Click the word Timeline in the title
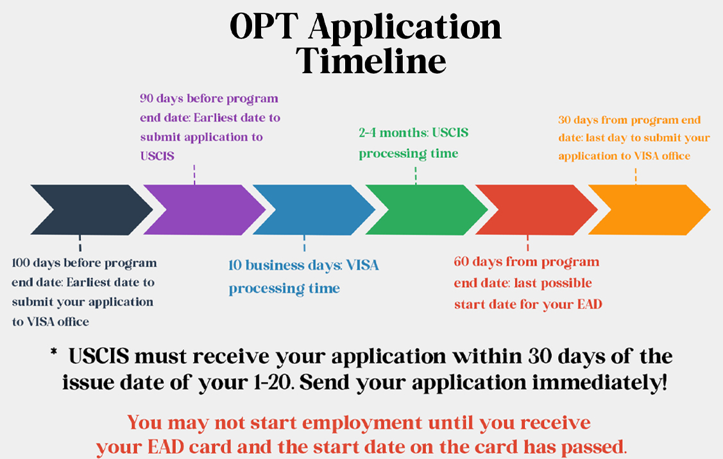coord(371,60)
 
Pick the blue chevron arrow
coord(314,210)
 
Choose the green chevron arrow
coord(426,210)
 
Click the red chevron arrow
coord(536,210)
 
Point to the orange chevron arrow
coord(649,210)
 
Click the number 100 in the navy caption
coord(21,263)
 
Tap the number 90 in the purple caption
coord(147,98)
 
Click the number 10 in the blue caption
coord(235,265)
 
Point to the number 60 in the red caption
coord(461,261)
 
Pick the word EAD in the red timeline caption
coord(590,304)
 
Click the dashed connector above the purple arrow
coord(194,175)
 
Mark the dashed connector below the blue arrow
coord(304,243)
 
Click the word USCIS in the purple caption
coord(157,157)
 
